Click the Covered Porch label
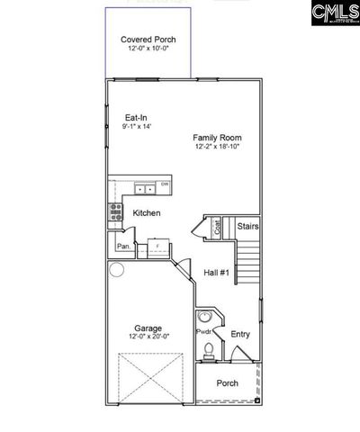point(148,40)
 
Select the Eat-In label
point(137,117)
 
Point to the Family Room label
point(217,138)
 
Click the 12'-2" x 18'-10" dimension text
point(217,148)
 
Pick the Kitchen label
point(147,213)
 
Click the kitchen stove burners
point(115,211)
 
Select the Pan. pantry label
point(122,245)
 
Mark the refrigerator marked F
point(158,246)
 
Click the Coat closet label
point(216,229)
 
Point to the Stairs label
point(248,228)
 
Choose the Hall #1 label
point(217,272)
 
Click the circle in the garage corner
point(116,269)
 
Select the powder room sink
point(205,316)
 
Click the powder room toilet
point(207,350)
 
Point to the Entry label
point(240,334)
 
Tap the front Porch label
point(228,382)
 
